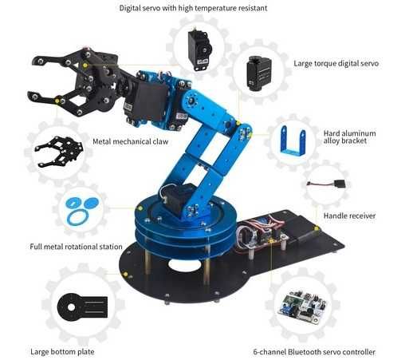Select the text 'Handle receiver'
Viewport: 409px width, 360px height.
(x=349, y=215)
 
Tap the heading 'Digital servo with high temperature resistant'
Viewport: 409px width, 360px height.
(x=203, y=8)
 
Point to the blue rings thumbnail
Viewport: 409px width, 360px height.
(x=80, y=209)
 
